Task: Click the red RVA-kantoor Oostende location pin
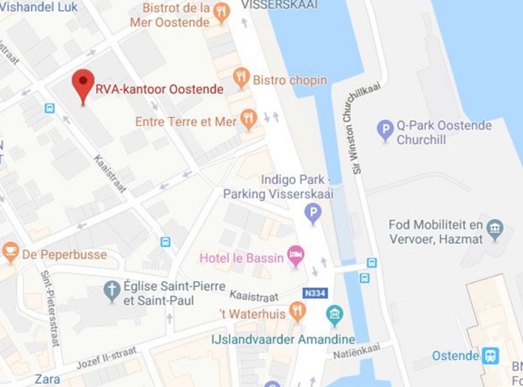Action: click(83, 83)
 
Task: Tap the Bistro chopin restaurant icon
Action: click(241, 77)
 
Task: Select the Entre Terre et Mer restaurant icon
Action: click(249, 119)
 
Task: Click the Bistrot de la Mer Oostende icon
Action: click(221, 13)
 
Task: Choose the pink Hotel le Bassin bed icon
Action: click(295, 255)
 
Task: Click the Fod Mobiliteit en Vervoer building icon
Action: click(494, 229)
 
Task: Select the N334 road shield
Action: click(315, 293)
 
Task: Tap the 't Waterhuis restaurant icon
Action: click(297, 311)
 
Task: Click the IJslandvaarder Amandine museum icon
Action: click(334, 315)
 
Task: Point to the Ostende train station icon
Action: click(490, 356)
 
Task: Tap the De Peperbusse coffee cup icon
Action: click(10, 251)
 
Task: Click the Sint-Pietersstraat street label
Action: click(50, 308)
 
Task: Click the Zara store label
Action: click(47, 379)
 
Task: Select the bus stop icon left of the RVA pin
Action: click(49, 109)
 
